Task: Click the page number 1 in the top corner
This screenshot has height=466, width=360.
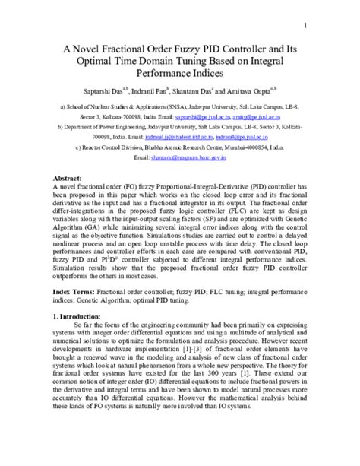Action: (305, 25)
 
